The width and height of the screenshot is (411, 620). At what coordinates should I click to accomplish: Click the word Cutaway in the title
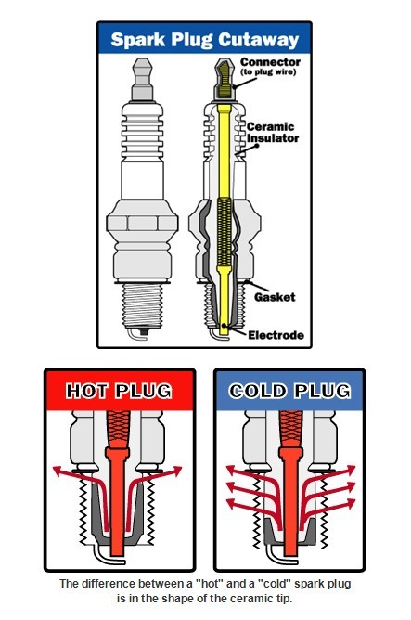click(x=258, y=40)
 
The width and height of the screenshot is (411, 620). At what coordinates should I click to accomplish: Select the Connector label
click(x=270, y=62)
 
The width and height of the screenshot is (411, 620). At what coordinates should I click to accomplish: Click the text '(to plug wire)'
click(x=268, y=72)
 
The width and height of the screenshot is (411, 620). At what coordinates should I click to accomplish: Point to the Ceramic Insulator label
click(x=273, y=133)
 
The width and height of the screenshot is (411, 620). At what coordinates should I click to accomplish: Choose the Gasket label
click(x=275, y=297)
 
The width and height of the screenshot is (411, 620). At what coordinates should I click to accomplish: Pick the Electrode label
click(x=276, y=335)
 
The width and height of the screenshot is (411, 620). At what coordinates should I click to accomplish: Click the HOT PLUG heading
click(x=119, y=391)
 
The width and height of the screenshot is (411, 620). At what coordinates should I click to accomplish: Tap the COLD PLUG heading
click(x=289, y=391)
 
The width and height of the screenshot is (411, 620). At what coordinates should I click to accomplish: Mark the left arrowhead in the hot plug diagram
click(x=58, y=471)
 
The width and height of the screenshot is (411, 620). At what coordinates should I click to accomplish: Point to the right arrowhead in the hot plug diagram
click(x=176, y=471)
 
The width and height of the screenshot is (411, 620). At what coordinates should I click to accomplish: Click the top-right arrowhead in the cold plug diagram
click(x=350, y=471)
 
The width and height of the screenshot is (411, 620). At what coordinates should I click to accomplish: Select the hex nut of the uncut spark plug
click(x=141, y=222)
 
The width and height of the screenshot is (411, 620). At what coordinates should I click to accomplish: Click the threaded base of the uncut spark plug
click(x=142, y=306)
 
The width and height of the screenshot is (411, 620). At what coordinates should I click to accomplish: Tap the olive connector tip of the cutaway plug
click(x=225, y=78)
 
